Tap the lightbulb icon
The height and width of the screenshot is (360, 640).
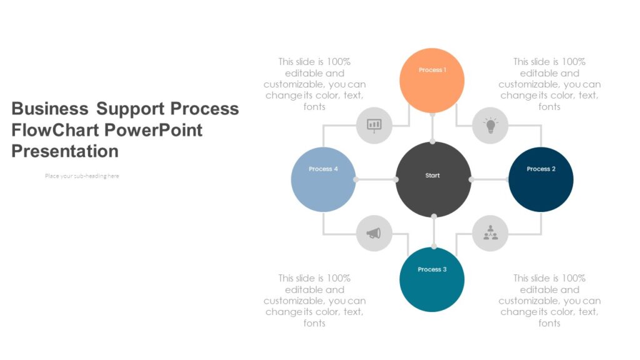pos(491,126)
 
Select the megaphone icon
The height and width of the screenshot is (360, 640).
pos(374,234)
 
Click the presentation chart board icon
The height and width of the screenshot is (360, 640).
pos(374,126)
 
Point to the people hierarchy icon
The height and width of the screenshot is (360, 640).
pos(491,233)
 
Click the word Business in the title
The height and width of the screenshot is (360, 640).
pos(50,109)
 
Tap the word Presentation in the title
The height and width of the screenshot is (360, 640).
pos(65,151)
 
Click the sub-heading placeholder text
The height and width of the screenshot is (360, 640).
pos(82,176)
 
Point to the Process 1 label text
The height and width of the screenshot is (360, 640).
pos(432,70)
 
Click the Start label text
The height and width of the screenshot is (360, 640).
pos(432,176)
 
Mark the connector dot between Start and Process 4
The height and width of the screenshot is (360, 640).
pos(396,179)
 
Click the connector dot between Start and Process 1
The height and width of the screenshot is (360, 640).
pos(432,142)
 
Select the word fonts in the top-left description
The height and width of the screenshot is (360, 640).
pos(314,107)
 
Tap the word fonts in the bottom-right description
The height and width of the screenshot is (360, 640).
pos(549,323)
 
